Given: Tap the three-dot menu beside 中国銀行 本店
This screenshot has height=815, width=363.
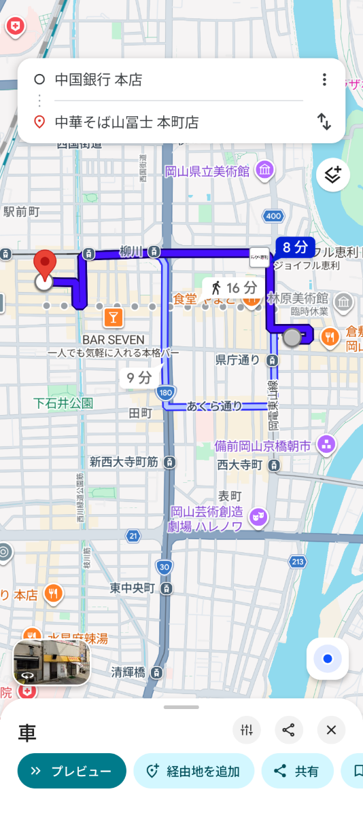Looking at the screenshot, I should click(324, 79).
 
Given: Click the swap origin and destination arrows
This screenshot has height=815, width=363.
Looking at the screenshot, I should click(324, 122).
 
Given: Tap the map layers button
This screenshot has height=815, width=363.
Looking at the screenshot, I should click(332, 175).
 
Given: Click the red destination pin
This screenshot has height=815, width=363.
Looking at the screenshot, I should click(45, 265).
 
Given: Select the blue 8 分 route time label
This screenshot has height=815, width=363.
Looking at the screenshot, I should click(295, 247).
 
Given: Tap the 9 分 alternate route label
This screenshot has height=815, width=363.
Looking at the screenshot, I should click(139, 378).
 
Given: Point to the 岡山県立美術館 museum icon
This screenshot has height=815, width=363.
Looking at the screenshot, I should click(266, 169).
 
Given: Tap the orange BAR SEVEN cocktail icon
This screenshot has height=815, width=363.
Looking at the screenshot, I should click(113, 317).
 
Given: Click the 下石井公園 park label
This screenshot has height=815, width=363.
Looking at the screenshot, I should click(63, 403).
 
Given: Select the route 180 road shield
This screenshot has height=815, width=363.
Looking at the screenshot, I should click(165, 393).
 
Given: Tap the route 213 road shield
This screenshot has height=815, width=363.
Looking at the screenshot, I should click(297, 562).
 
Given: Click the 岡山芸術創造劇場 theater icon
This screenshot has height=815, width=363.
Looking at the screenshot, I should click(258, 517).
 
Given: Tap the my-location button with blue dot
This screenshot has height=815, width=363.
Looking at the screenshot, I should click(328, 659).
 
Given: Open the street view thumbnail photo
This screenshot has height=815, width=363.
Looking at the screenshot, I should click(52, 662).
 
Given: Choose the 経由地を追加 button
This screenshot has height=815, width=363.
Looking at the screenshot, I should click(194, 771).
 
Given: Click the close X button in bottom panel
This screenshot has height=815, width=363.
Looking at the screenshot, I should click(331, 730).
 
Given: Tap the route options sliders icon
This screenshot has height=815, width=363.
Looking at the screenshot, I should click(246, 730).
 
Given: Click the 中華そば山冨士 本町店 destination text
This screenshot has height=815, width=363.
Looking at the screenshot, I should click(126, 122).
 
